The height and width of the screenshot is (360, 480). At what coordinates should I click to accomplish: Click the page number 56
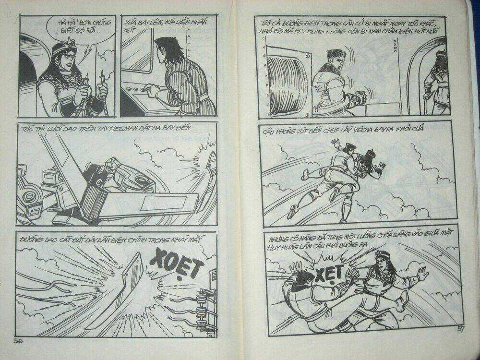coord(20,340)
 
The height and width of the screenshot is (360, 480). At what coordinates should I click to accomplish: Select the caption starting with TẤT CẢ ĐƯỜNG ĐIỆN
coord(350,26)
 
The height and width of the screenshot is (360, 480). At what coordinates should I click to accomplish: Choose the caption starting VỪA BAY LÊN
coord(158,26)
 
